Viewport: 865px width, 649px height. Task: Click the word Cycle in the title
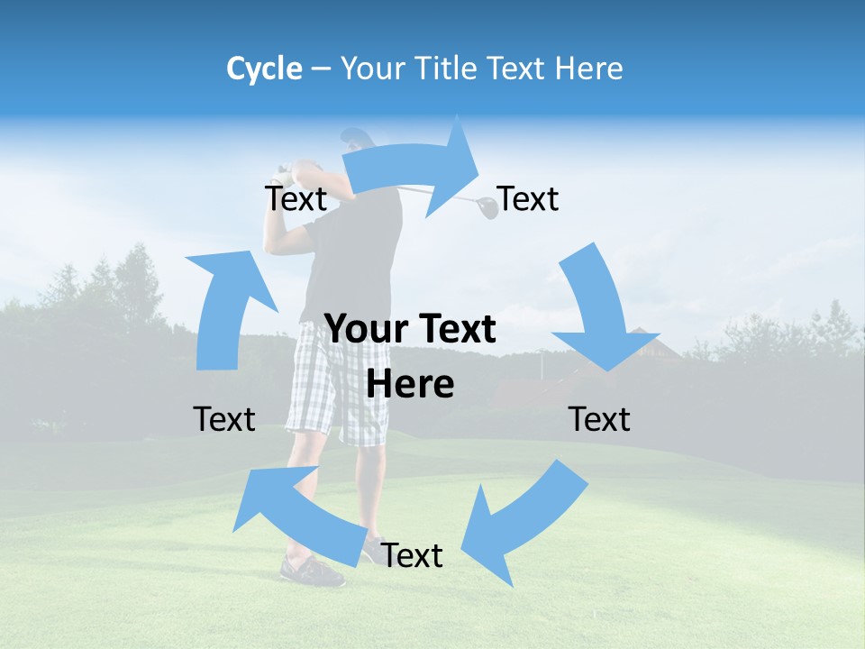tap(264, 69)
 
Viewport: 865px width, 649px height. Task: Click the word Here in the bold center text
tap(410, 384)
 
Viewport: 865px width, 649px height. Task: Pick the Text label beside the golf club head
tap(528, 199)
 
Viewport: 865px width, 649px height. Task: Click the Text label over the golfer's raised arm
tap(296, 199)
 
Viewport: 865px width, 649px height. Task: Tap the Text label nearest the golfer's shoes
tap(412, 556)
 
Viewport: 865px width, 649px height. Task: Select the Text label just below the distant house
tap(599, 419)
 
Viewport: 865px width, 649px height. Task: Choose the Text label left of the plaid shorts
tap(224, 419)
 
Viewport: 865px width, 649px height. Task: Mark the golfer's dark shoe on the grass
tap(311, 570)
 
